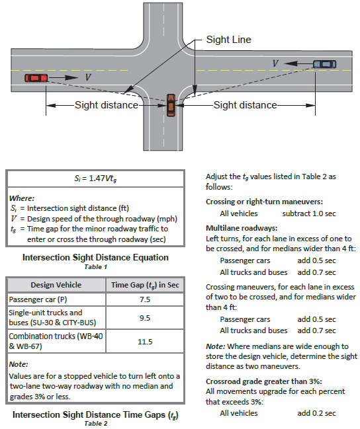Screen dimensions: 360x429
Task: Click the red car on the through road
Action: (36, 78)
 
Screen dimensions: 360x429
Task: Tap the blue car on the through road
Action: (325, 64)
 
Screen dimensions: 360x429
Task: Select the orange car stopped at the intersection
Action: (171, 105)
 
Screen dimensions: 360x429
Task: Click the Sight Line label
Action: (228, 40)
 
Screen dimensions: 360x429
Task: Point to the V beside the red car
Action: (88, 77)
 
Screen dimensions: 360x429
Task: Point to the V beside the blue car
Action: (275, 63)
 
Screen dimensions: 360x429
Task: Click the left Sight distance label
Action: (107, 105)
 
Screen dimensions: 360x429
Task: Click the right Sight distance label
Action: (246, 105)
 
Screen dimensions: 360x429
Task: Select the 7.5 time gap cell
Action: (145, 299)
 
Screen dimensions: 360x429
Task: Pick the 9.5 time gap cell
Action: (145, 318)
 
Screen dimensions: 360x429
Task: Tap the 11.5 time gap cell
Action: (145, 342)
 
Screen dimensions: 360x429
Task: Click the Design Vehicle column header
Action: (56, 285)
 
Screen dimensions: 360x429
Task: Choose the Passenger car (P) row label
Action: (38, 299)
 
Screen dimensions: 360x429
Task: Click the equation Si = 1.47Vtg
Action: (95, 178)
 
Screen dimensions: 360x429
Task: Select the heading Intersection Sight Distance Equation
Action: (95, 257)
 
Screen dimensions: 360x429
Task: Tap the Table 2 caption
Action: (95, 424)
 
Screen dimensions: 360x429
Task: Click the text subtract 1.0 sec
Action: (309, 214)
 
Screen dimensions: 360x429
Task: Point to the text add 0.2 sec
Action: (317, 413)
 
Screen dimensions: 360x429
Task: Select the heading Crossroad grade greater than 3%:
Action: (264, 381)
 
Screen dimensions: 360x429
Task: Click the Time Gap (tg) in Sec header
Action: (145, 285)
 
